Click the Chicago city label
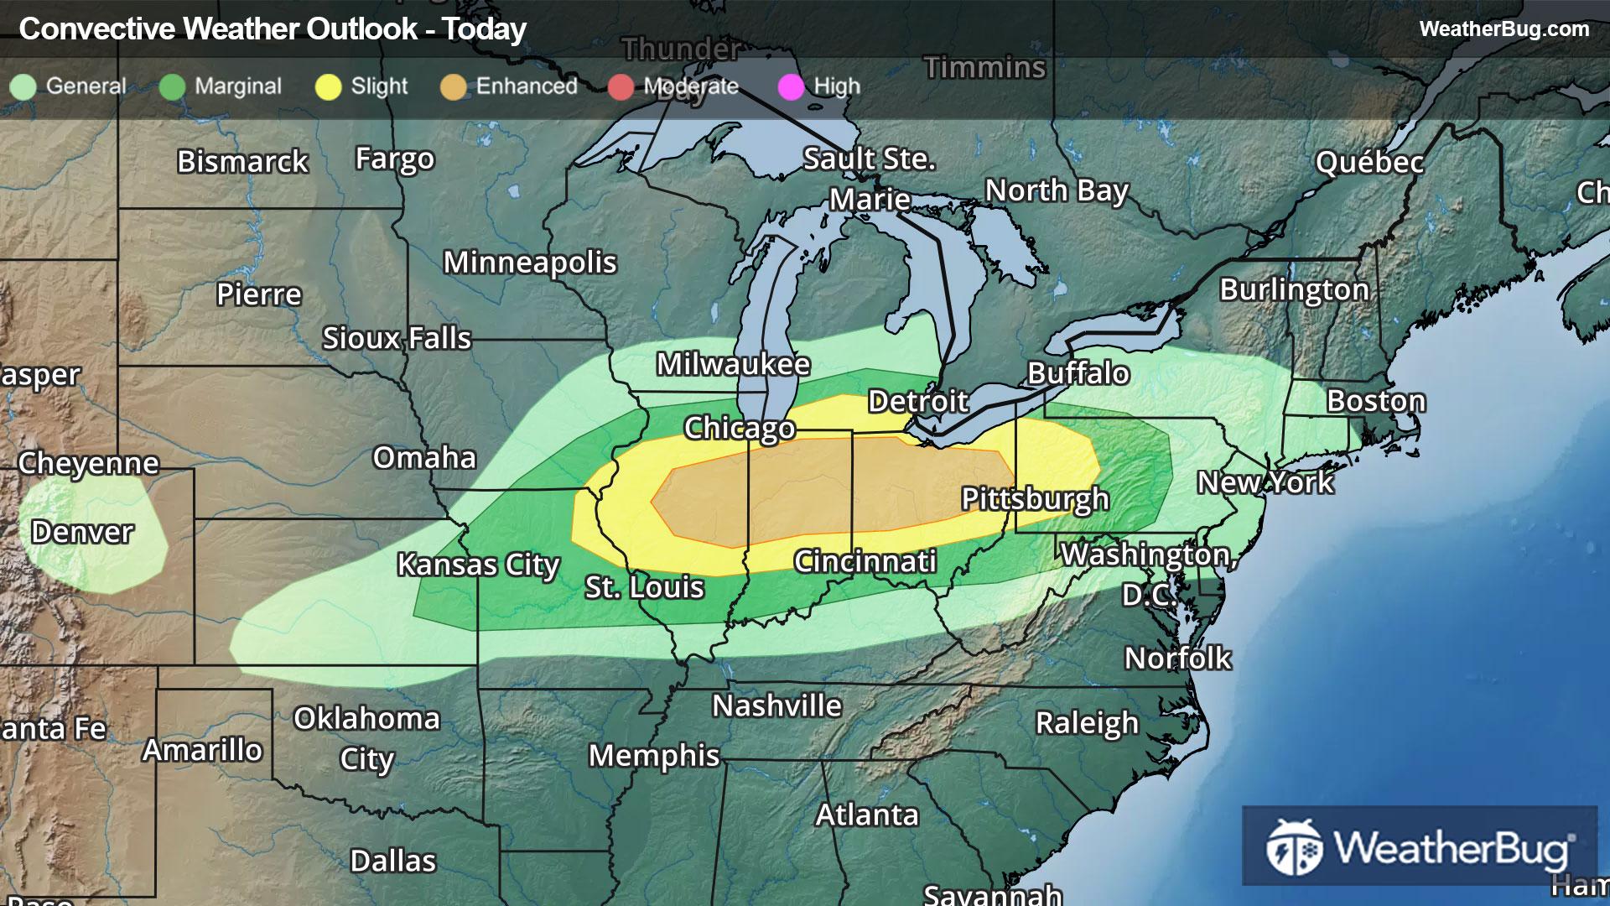739,429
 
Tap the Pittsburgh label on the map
1035,499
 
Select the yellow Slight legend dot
328,87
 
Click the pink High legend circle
791,87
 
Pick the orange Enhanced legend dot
453,87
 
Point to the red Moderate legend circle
621,87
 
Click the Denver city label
82,532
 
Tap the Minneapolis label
530,263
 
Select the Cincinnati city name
865,561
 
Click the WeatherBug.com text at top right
1504,29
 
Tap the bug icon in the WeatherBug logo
1294,847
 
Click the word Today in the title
484,29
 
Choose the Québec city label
1369,162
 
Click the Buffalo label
1078,373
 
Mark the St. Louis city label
644,587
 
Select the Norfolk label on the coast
1177,659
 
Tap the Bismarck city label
242,161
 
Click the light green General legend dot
23,87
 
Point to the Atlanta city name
867,815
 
